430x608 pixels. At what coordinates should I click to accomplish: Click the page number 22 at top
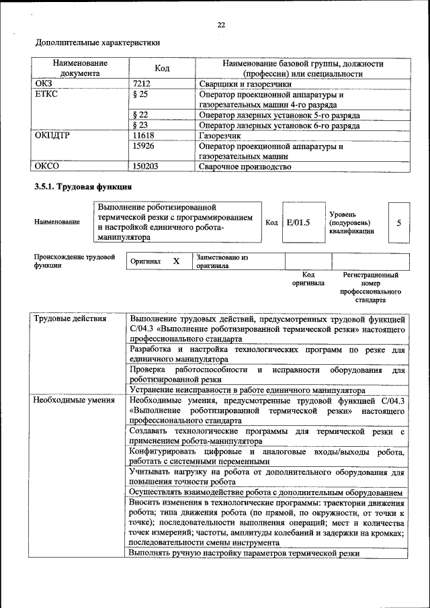(221, 25)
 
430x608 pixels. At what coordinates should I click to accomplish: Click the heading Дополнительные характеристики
(97, 42)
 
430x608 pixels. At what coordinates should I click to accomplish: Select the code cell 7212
(144, 84)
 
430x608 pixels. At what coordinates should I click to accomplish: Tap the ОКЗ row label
(43, 84)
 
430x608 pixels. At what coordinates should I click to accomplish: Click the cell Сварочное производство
(245, 166)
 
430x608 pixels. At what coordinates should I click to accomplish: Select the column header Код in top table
(162, 69)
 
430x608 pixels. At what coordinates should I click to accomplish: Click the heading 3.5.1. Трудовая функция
(83, 186)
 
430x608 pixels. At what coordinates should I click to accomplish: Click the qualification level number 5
(398, 222)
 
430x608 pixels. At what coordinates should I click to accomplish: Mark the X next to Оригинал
(176, 261)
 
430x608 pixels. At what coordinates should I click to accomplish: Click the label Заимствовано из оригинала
(222, 261)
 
